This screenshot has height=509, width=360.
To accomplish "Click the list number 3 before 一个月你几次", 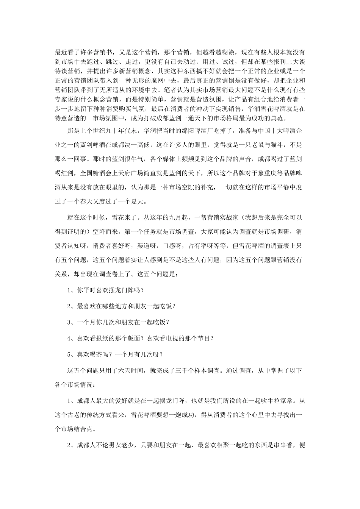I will pos(69,322).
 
